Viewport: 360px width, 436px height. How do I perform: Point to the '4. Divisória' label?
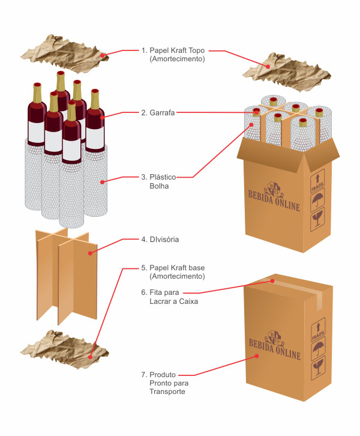pos(160,240)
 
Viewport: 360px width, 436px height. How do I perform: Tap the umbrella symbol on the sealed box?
pos(318,351)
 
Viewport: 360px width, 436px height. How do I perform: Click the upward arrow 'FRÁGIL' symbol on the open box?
pos(317,183)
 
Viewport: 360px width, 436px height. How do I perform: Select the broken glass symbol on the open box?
pos(318,222)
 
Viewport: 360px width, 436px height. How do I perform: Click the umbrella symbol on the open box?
pos(318,202)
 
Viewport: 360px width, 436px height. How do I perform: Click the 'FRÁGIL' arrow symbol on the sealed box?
pos(318,330)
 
